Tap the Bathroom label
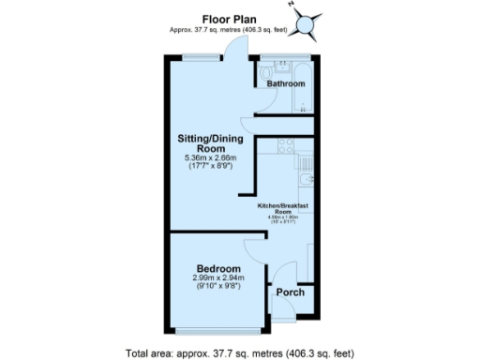click(286, 84)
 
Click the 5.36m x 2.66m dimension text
click(212, 159)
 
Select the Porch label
click(288, 292)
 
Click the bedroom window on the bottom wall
click(218, 330)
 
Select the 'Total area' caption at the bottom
click(240, 353)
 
